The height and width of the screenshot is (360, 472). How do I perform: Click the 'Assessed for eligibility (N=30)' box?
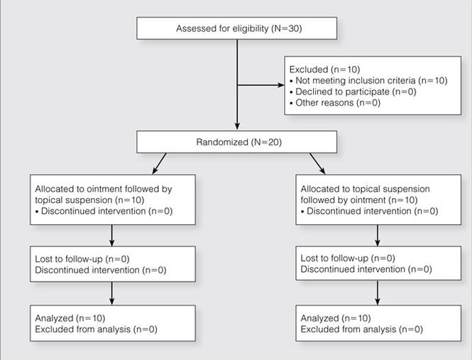pyautogui.click(x=236, y=28)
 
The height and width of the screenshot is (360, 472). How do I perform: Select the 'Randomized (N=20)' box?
pyautogui.click(x=236, y=142)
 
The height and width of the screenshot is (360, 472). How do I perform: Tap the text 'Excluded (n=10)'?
pyautogui.click(x=324, y=70)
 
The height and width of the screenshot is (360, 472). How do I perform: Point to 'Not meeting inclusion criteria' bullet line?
pyautogui.click(x=368, y=81)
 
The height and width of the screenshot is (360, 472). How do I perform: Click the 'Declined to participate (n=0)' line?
pyautogui.click(x=353, y=92)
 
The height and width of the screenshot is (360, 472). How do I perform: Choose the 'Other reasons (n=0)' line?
pyautogui.click(x=335, y=103)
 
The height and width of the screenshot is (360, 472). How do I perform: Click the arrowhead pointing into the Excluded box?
pyautogui.click(x=281, y=85)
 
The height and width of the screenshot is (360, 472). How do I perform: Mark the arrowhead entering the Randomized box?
pyautogui.click(x=237, y=126)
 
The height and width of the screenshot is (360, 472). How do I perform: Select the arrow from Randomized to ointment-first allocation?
pyautogui.click(x=159, y=163)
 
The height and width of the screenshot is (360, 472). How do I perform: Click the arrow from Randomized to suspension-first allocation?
pyautogui.click(x=317, y=163)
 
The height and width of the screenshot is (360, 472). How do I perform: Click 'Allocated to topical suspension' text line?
pyautogui.click(x=365, y=189)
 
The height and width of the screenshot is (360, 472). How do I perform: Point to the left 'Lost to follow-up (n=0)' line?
pyautogui.click(x=82, y=259)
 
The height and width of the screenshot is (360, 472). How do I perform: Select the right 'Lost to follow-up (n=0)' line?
pyautogui.click(x=348, y=258)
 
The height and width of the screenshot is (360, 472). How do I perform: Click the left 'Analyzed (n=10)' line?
pyautogui.click(x=70, y=318)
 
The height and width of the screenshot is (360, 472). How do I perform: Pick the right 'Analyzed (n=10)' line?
pyautogui.click(x=336, y=318)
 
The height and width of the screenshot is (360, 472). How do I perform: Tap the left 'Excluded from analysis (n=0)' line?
pyautogui.click(x=96, y=329)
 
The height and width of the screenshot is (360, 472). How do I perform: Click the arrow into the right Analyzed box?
pyautogui.click(x=378, y=293)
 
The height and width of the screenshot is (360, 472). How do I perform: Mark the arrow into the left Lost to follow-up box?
pyautogui.click(x=112, y=236)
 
